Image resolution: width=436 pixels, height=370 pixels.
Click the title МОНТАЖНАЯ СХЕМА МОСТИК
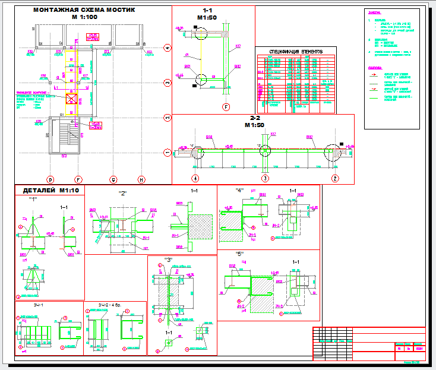84,10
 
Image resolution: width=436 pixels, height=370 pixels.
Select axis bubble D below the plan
50,179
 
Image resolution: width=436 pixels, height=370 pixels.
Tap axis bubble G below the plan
112,179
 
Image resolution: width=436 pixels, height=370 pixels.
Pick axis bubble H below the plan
141,179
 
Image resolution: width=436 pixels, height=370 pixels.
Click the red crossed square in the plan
71,99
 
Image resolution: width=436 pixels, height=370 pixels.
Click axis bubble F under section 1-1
226,107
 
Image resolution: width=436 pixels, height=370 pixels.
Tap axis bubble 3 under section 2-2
266,178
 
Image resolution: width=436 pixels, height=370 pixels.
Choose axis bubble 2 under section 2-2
335,178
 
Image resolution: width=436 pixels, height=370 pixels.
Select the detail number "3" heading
169,260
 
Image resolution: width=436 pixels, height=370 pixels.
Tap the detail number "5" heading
239,254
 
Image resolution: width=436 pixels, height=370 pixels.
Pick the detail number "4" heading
239,191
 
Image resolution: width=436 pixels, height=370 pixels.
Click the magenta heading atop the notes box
375,12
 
